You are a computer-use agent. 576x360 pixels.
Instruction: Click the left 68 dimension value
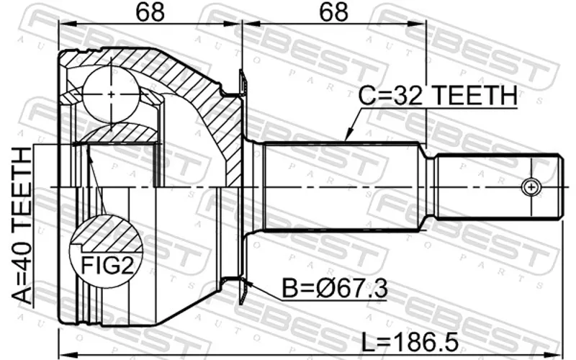150,12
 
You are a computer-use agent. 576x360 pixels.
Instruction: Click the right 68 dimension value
333,12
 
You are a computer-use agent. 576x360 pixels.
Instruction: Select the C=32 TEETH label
437,95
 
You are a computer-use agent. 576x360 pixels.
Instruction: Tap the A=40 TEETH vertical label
22,225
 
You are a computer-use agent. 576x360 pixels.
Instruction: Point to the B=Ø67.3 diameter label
335,289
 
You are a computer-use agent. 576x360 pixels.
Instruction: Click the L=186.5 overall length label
410,342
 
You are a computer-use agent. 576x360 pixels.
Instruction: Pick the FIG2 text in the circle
107,265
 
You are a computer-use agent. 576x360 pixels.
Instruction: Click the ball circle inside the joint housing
111,94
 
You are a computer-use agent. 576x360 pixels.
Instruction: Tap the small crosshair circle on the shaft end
531,187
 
